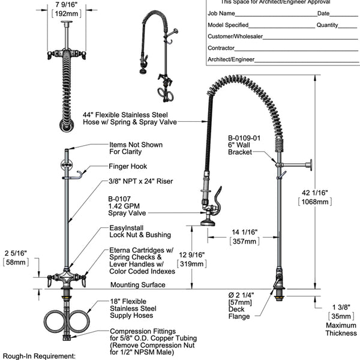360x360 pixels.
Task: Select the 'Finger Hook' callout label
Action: click(x=128, y=166)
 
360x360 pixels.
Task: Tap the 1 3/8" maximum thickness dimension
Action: click(x=340, y=307)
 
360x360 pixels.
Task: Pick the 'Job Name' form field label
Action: click(x=221, y=13)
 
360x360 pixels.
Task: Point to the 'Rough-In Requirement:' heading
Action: click(x=40, y=356)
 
